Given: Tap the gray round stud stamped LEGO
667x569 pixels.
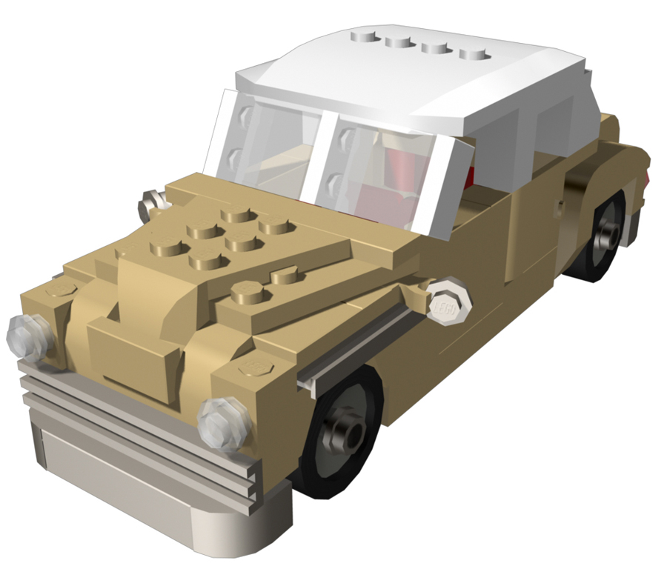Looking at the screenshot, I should [448, 300].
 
